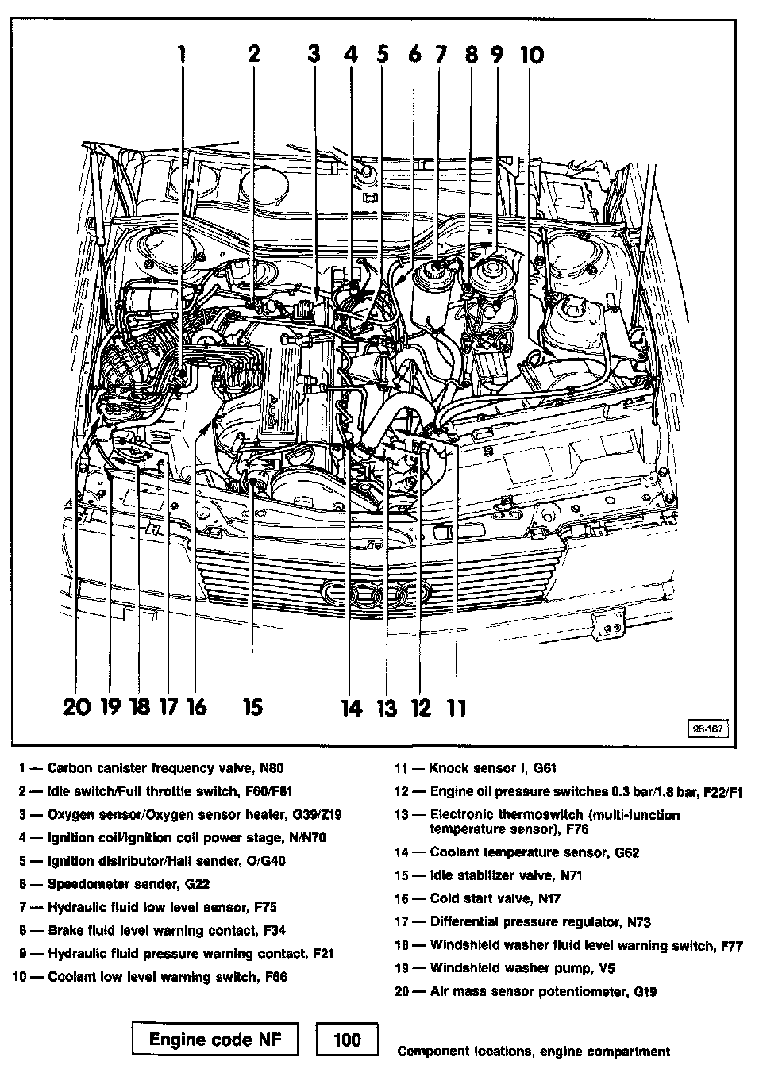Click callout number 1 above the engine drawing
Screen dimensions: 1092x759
click(x=182, y=54)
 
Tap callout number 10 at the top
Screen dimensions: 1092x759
click(x=531, y=54)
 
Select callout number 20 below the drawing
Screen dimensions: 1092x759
click(x=77, y=706)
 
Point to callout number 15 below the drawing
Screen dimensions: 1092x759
click(x=252, y=706)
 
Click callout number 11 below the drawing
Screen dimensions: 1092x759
click(x=456, y=707)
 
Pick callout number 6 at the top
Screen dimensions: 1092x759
click(x=414, y=54)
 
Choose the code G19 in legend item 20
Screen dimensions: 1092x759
click(x=645, y=991)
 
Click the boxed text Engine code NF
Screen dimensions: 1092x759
click(x=215, y=1040)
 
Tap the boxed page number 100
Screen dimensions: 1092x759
click(x=347, y=1040)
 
